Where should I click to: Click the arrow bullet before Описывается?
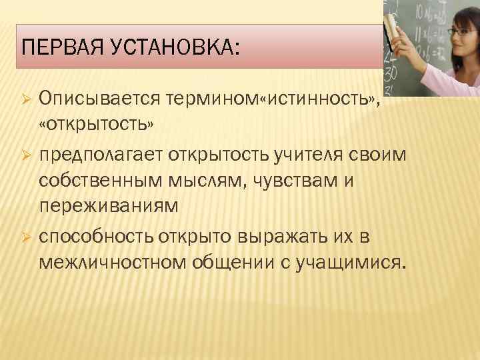pyautogui.click(x=25, y=100)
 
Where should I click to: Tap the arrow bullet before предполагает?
pyautogui.click(x=25, y=155)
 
